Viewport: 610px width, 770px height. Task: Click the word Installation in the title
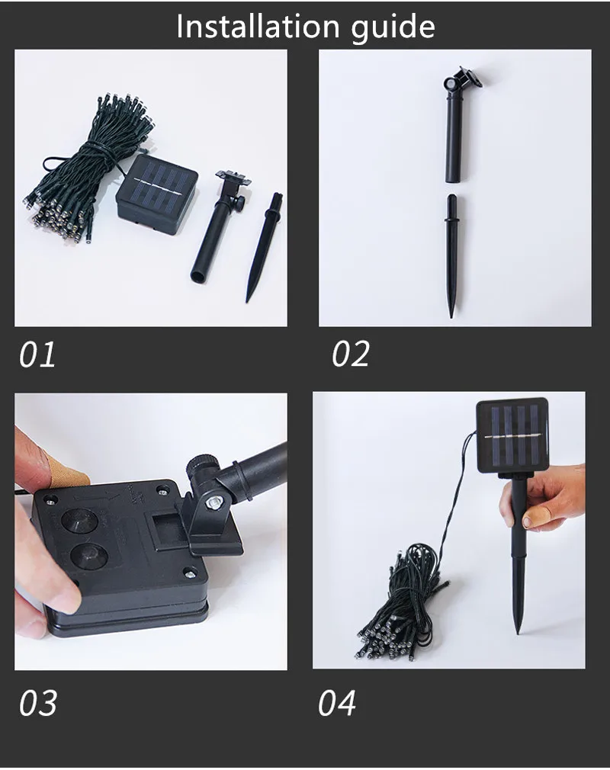coord(258,27)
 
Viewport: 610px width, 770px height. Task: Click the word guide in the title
coord(393,28)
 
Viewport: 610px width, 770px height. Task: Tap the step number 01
coord(37,354)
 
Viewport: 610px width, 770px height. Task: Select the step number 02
coord(350,354)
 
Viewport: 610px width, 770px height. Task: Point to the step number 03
coord(38,703)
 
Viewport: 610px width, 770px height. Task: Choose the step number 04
coord(337,703)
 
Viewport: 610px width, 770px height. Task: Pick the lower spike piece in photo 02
coord(452,255)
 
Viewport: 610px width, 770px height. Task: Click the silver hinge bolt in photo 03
coord(213,502)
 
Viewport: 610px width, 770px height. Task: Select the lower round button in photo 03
coord(89,556)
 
